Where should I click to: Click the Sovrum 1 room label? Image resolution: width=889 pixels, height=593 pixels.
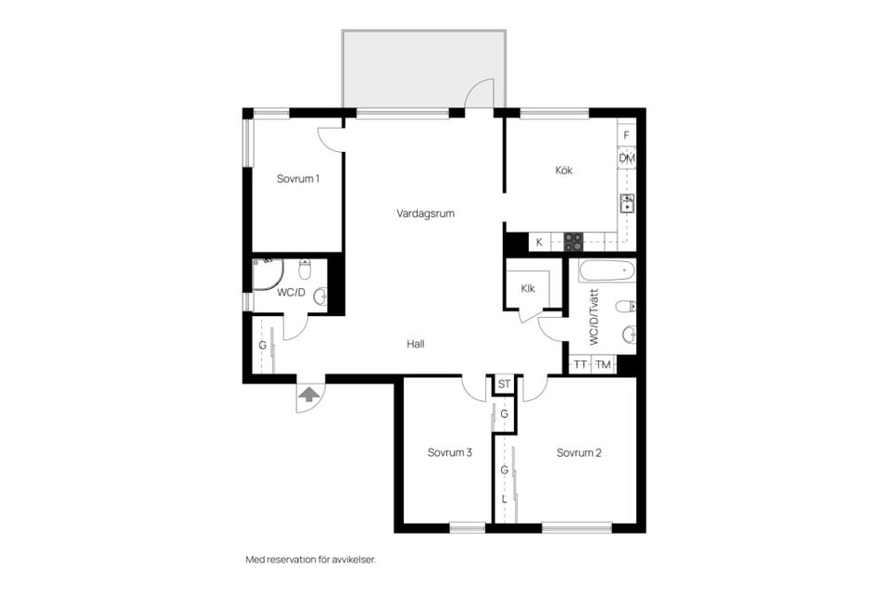[x=297, y=179]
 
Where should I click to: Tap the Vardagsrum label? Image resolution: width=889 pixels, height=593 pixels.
[x=425, y=214]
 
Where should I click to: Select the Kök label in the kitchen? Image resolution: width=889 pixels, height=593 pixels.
[x=564, y=170]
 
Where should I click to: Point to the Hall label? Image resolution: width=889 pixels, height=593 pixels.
[x=416, y=344]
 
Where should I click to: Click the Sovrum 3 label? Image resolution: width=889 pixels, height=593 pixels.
[x=450, y=453]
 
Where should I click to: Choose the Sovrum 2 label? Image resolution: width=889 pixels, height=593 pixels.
[x=579, y=453]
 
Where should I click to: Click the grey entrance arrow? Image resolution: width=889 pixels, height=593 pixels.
[x=309, y=394]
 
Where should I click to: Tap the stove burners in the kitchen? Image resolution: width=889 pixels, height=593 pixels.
[x=573, y=242]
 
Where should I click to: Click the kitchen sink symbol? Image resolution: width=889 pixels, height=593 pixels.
[x=627, y=203]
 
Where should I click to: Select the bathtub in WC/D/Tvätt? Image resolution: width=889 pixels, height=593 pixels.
[x=607, y=271]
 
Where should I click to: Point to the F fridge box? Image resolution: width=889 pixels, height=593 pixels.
[x=627, y=135]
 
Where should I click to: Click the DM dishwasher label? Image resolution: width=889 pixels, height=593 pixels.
[x=627, y=158]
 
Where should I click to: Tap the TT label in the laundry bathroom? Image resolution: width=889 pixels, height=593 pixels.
[x=580, y=365]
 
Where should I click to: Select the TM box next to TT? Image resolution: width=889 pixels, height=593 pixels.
[x=604, y=365]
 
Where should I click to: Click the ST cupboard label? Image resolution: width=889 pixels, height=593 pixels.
[x=504, y=385]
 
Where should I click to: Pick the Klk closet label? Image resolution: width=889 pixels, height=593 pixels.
[x=528, y=289]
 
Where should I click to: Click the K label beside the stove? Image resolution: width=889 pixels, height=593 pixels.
[x=539, y=243]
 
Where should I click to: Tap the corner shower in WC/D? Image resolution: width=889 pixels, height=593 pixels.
[x=268, y=274]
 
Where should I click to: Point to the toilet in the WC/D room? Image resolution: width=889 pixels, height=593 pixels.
[x=305, y=270]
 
